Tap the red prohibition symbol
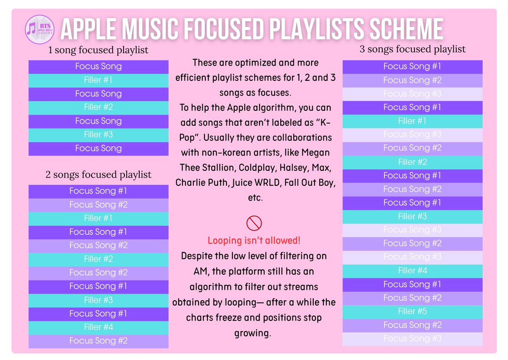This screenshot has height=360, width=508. [x=254, y=223]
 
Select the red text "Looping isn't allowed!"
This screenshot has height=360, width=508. [x=254, y=241]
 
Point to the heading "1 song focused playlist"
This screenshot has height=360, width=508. [x=98, y=50]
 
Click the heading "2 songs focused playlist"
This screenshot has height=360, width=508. [x=98, y=174]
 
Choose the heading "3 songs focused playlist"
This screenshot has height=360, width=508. [x=412, y=49]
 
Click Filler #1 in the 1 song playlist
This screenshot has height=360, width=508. [x=98, y=80]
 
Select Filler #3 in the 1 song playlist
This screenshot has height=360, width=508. [x=98, y=135]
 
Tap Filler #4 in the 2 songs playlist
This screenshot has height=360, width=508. [x=98, y=327]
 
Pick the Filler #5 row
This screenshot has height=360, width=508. [x=412, y=311]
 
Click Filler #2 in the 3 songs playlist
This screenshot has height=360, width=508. [x=412, y=162]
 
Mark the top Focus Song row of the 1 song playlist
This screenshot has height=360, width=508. [x=98, y=66]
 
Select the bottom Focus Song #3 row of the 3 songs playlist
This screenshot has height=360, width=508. [x=412, y=338]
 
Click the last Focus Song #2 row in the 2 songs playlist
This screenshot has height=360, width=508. [x=98, y=341]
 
